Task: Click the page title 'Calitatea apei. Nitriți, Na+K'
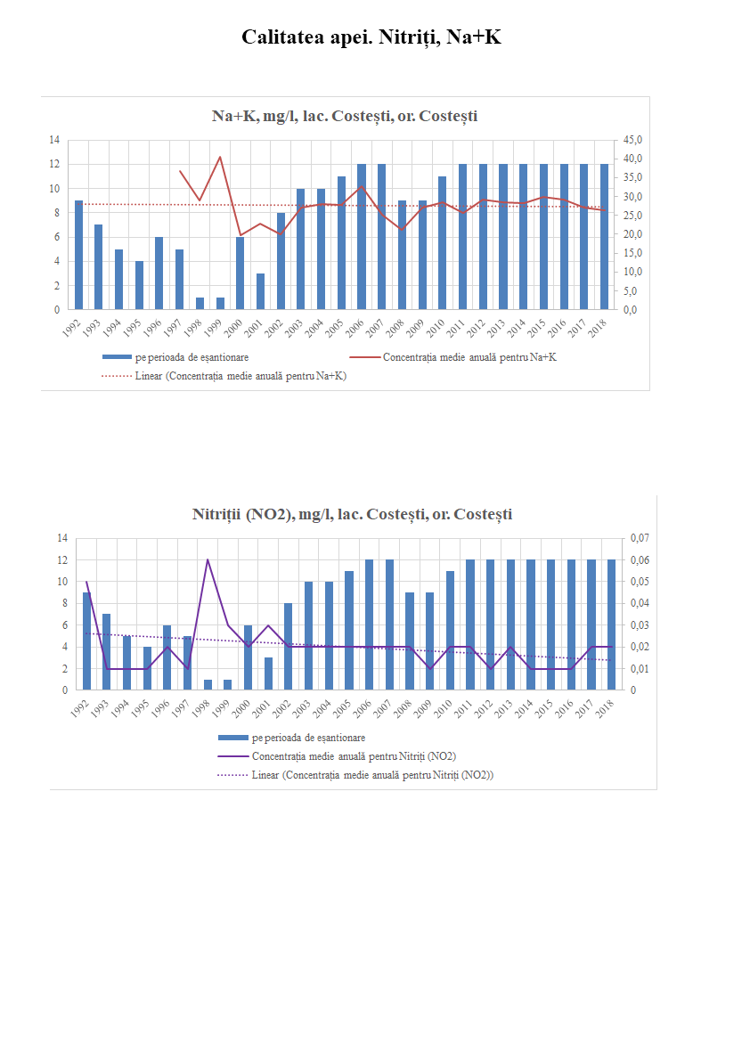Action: [x=371, y=37]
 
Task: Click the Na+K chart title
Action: [x=345, y=116]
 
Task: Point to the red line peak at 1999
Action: [x=220, y=158]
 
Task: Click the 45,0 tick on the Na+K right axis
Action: [x=632, y=141]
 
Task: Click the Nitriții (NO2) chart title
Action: [x=352, y=514]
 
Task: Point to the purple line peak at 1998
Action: [x=208, y=560]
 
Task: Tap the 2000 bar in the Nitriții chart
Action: [x=249, y=657]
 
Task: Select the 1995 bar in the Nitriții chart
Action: [x=147, y=668]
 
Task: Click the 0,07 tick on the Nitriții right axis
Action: [x=640, y=538]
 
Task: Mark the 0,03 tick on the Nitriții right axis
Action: [x=640, y=625]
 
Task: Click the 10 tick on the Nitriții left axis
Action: [x=62, y=582]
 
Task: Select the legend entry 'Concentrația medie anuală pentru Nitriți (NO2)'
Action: [x=354, y=756]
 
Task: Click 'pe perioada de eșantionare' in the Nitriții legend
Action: [x=308, y=738]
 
